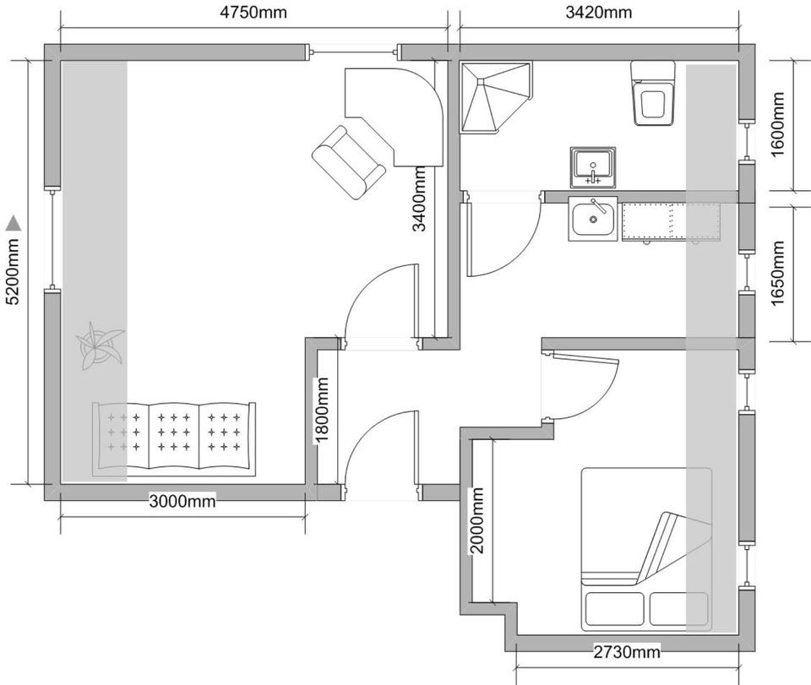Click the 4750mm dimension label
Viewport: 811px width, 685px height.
pyautogui.click(x=254, y=13)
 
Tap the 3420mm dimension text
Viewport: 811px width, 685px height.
pyautogui.click(x=598, y=13)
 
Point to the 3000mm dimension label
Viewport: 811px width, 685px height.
pyautogui.click(x=182, y=501)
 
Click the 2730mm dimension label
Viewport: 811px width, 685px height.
pyautogui.click(x=626, y=652)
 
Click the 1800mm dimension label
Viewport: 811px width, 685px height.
pyautogui.click(x=322, y=410)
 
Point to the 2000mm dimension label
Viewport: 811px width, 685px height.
pyautogui.click(x=478, y=519)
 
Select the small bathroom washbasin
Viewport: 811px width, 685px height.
pyautogui.click(x=592, y=165)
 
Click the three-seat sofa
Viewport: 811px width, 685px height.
pyautogui.click(x=173, y=438)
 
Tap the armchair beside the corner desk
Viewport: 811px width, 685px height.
pyautogui.click(x=348, y=160)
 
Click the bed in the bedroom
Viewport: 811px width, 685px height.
pyautogui.click(x=645, y=549)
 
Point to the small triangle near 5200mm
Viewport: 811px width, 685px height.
pyautogui.click(x=14, y=223)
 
